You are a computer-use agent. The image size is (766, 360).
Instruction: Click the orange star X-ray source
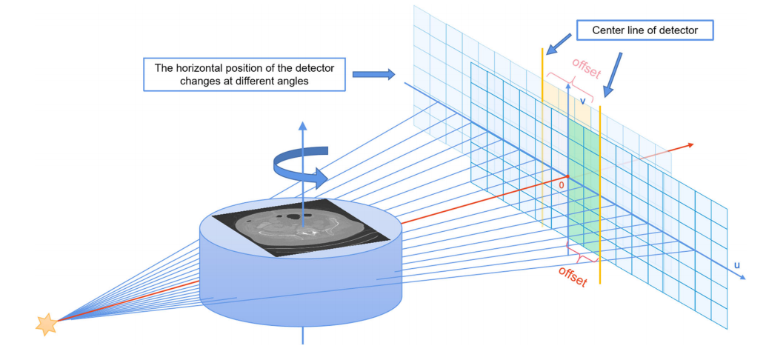pos(47,323)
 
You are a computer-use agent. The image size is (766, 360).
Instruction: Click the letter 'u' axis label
pos(736,264)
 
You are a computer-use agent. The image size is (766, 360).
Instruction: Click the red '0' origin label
pos(561,184)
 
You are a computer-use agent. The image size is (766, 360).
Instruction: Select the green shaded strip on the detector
pos(582,185)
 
